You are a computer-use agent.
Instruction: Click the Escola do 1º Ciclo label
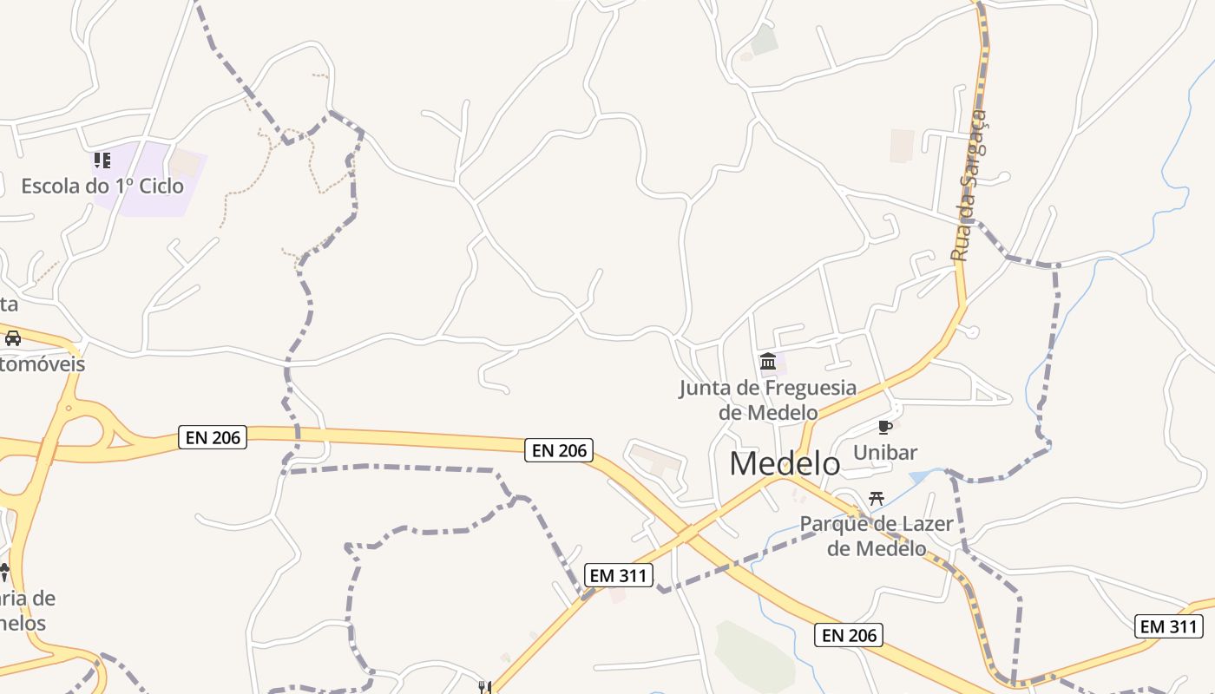click(x=102, y=186)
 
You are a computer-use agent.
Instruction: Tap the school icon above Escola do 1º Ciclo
click(x=102, y=160)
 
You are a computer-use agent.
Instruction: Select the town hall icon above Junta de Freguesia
click(x=768, y=361)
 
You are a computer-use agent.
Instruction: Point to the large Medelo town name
click(x=785, y=463)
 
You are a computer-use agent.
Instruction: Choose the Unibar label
click(x=885, y=452)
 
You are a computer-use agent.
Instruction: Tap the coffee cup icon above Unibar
click(x=884, y=427)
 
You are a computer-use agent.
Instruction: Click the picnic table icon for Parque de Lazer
click(x=877, y=499)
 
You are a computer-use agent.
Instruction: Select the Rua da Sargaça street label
click(x=969, y=186)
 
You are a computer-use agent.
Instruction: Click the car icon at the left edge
click(x=13, y=337)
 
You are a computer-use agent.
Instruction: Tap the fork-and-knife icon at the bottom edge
click(x=484, y=687)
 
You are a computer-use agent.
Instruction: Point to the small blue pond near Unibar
click(x=922, y=476)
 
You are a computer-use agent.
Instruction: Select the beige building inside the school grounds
click(x=184, y=162)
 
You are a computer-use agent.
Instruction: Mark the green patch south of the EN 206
click(x=753, y=655)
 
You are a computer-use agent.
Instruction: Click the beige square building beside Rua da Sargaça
click(x=902, y=145)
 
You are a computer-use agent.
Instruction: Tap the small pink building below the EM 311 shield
click(x=617, y=595)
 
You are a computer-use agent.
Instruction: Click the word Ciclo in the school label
click(x=161, y=186)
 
